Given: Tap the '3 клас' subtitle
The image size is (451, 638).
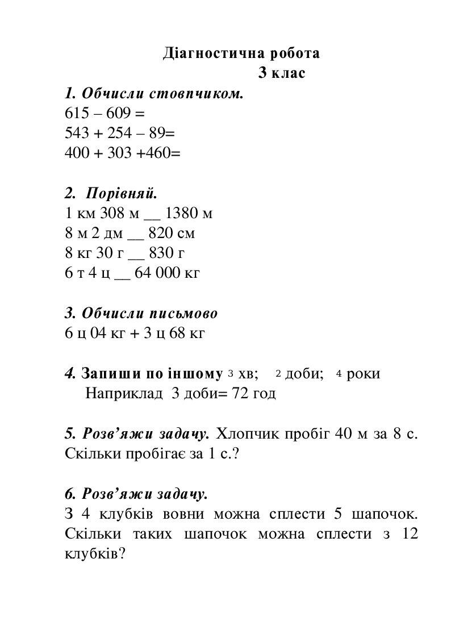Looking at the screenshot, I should pyautogui.click(x=282, y=73).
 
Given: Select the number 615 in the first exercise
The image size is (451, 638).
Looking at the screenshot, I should pyautogui.click(x=77, y=113).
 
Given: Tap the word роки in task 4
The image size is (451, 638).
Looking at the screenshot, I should pyautogui.click(x=363, y=374).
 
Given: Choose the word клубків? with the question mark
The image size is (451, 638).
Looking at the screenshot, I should pyautogui.click(x=95, y=554).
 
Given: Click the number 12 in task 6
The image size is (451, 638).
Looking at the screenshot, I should pyautogui.click(x=409, y=535).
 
